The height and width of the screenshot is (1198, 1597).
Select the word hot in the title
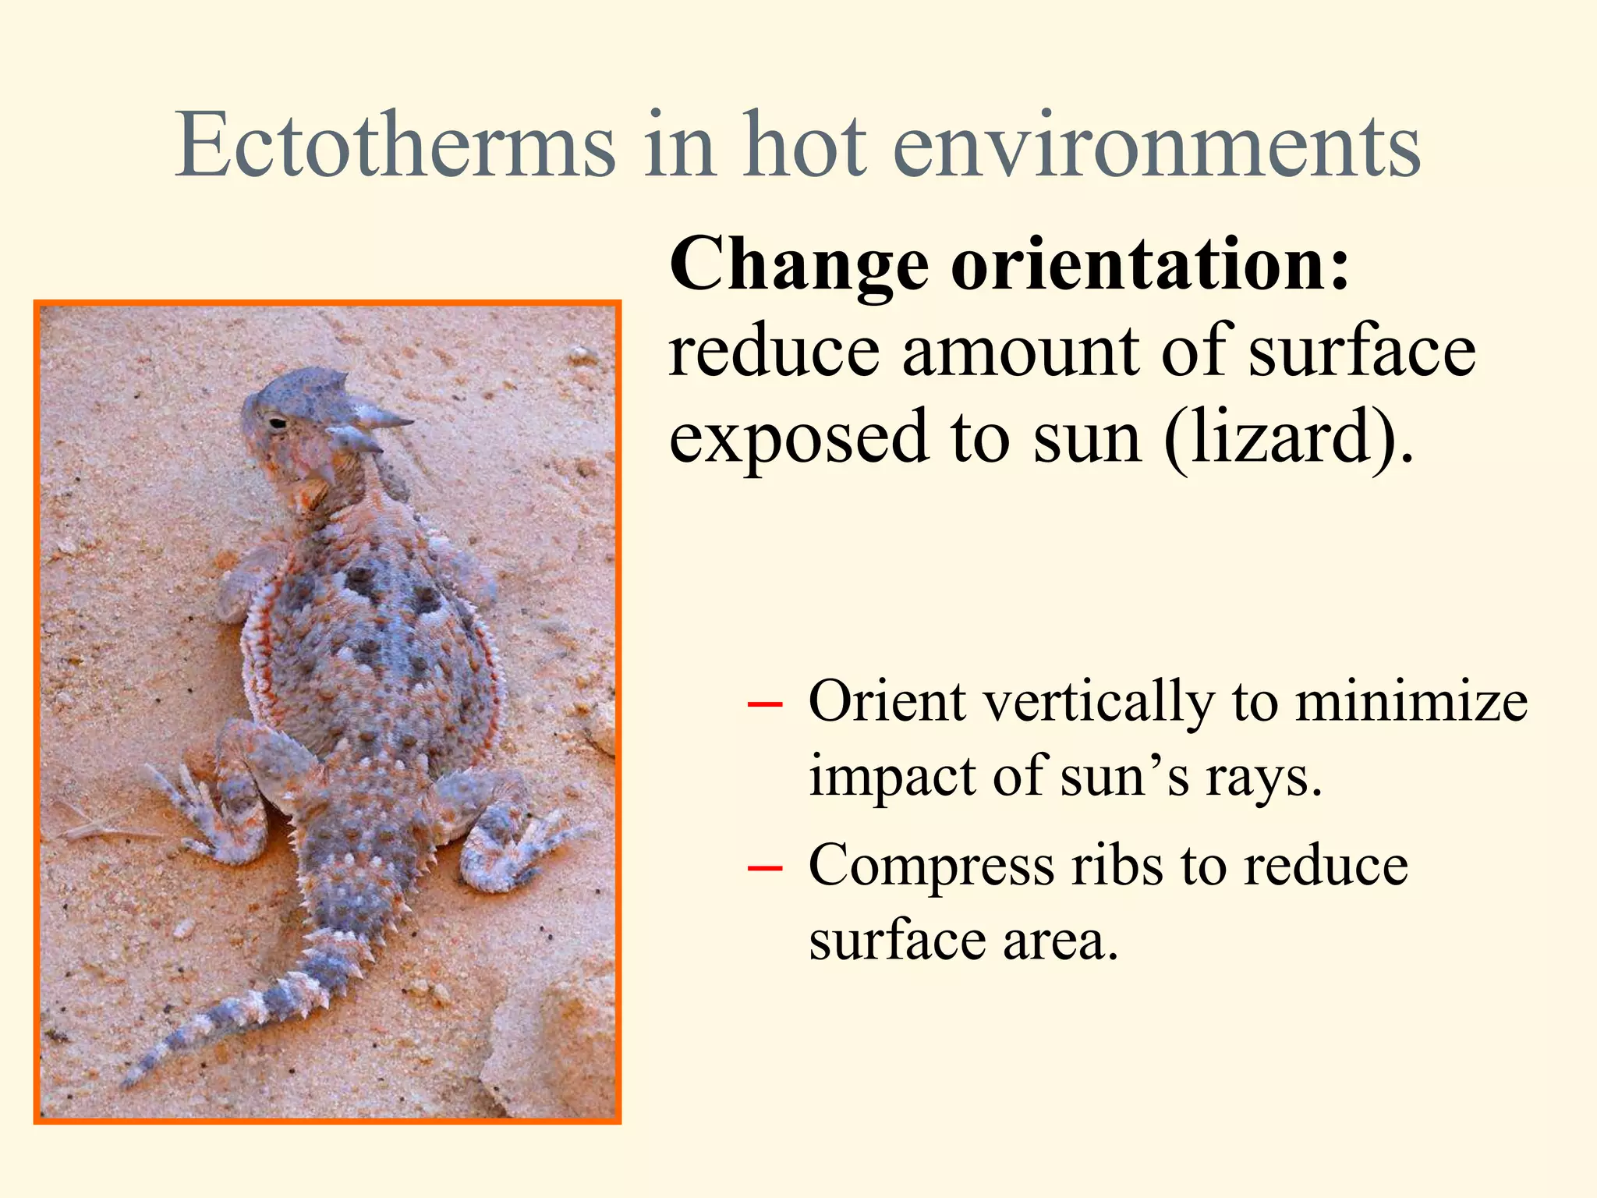[806, 146]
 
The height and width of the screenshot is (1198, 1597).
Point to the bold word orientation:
[1150, 265]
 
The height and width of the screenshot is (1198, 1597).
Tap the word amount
[1020, 350]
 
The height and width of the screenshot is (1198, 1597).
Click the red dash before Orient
[764, 703]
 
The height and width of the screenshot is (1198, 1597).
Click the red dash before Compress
[764, 867]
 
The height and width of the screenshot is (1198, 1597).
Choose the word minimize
[1411, 702]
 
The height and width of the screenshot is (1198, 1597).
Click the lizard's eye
[278, 424]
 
